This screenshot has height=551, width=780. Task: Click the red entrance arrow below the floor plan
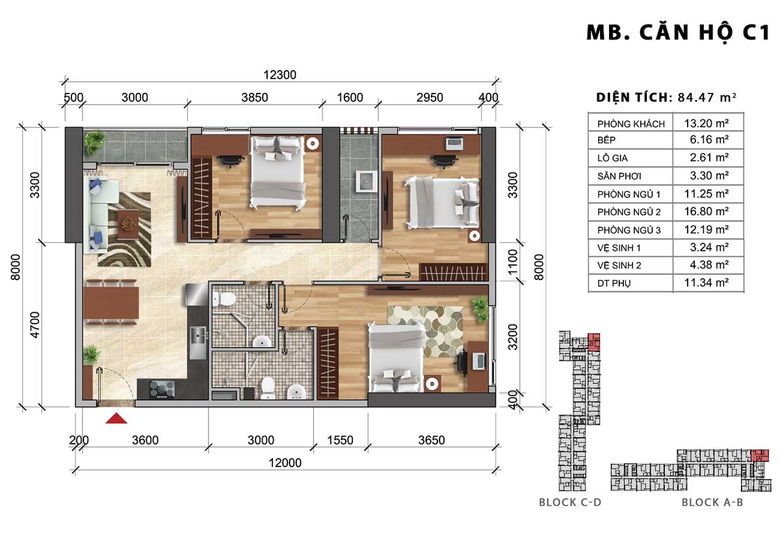coord(116,418)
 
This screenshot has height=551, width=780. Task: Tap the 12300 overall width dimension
coord(279,75)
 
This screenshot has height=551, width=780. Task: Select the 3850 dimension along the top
coord(255,97)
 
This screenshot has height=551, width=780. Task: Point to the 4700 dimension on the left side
coord(35,325)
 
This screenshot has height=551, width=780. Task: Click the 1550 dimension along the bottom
coord(340,441)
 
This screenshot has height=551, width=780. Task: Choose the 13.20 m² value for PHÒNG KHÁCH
coord(707,123)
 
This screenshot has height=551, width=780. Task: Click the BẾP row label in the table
coord(606,140)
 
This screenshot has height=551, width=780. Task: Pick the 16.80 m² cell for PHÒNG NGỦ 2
coord(707,211)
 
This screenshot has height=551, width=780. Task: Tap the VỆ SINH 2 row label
coord(619,266)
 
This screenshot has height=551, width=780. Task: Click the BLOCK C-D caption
coord(570,502)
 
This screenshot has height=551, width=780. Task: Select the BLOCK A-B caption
coord(712,502)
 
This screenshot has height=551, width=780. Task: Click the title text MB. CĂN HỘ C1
coord(677,33)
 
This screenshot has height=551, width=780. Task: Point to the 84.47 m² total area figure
coord(707,97)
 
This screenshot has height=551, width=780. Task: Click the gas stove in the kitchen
coord(162,389)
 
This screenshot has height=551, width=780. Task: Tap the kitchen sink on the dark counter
coord(198,337)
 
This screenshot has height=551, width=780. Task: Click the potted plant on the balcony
coord(94,142)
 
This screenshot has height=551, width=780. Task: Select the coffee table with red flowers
coord(128,224)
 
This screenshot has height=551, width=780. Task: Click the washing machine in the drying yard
coord(366,181)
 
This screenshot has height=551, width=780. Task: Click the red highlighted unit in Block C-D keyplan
coord(593,342)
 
